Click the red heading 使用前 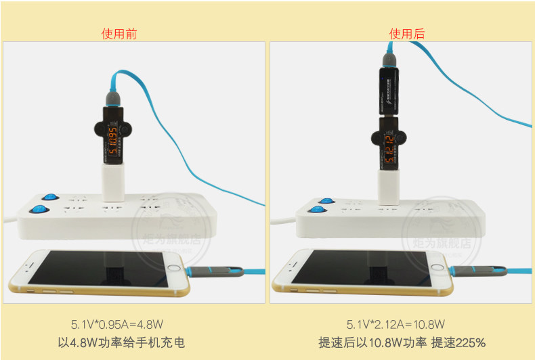click(x=119, y=34)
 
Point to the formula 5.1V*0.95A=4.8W click(x=119, y=324)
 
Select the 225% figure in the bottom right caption click(x=470, y=342)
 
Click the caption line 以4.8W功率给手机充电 click(x=119, y=342)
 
